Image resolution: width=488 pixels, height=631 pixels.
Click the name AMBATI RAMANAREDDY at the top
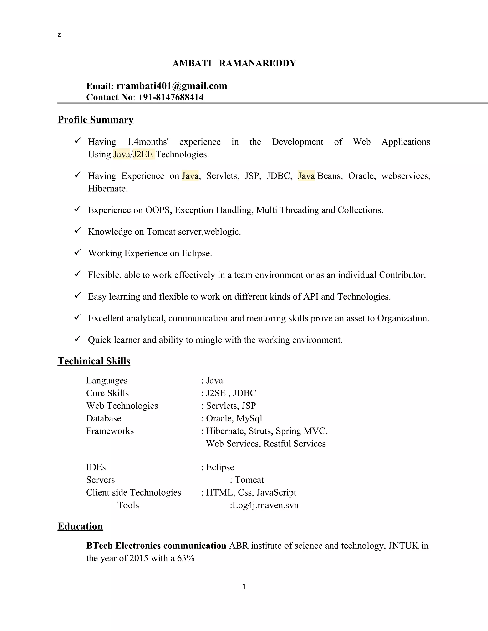click(x=234, y=63)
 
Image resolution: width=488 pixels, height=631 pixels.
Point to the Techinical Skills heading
click(x=94, y=361)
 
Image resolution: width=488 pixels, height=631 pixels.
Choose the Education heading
click(x=80, y=526)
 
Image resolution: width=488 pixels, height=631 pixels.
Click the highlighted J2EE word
click(x=143, y=154)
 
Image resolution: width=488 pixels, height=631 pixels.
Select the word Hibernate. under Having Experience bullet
click(x=108, y=189)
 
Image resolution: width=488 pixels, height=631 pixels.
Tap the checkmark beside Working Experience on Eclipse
click(x=77, y=252)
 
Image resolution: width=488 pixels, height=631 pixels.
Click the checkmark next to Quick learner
click(x=77, y=339)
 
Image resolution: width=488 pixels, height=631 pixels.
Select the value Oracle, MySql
click(x=234, y=418)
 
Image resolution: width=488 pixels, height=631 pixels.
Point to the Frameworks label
click(x=110, y=431)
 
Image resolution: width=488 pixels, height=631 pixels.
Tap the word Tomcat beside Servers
click(x=249, y=480)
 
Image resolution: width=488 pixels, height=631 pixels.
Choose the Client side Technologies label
click(x=134, y=492)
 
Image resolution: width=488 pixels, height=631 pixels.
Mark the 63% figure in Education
click(x=186, y=558)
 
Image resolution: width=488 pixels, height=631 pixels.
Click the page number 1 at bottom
click(x=244, y=587)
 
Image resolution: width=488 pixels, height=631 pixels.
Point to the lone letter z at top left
click(x=59, y=35)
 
